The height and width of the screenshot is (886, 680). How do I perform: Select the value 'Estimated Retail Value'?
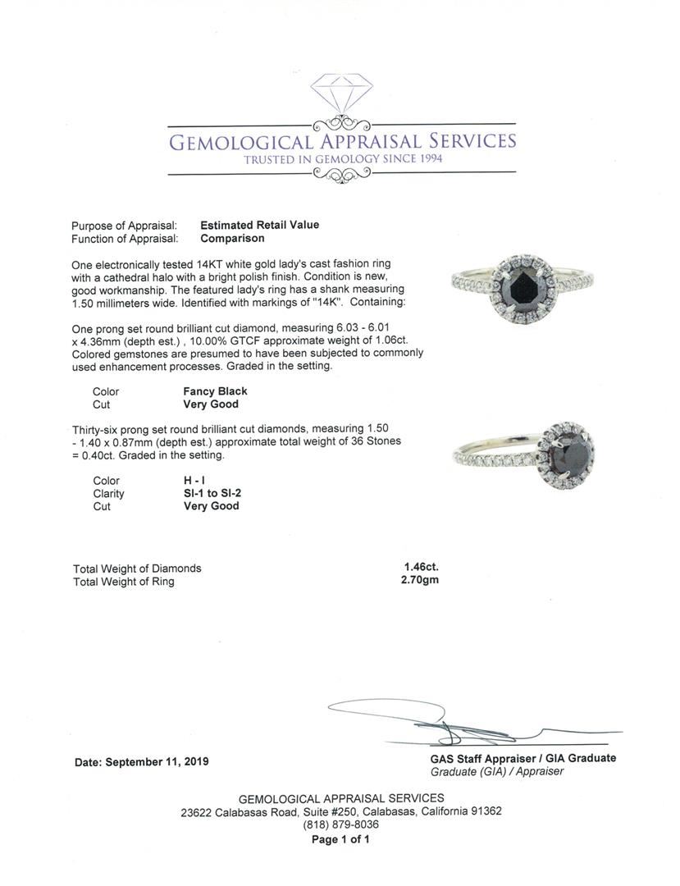click(x=259, y=225)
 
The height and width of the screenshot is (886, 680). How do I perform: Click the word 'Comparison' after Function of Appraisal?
click(x=232, y=239)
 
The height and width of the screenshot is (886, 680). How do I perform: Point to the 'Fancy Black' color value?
click(x=215, y=391)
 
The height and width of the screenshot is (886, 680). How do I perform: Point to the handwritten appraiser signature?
click(x=459, y=721)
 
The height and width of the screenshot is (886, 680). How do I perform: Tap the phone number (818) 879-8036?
click(x=340, y=824)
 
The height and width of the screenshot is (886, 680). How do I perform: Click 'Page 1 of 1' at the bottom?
click(x=340, y=839)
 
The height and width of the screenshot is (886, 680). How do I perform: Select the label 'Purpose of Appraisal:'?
click(x=124, y=226)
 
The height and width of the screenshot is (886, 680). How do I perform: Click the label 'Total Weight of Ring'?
click(x=123, y=582)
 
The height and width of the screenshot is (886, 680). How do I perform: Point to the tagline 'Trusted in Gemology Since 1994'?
click(x=342, y=159)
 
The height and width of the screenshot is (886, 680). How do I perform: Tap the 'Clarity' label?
click(x=108, y=494)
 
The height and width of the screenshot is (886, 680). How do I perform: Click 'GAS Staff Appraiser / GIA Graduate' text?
click(x=523, y=758)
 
